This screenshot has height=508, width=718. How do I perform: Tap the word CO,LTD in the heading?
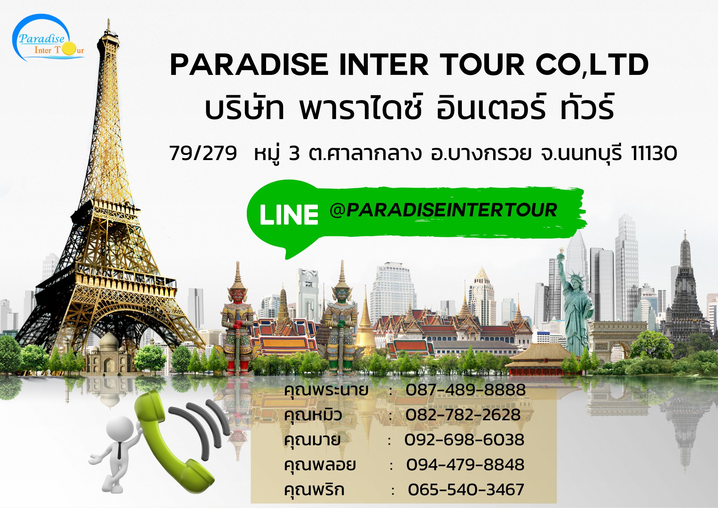(x=592, y=66)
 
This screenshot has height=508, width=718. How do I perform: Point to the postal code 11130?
(x=654, y=154)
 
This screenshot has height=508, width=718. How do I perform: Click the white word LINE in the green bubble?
(x=289, y=215)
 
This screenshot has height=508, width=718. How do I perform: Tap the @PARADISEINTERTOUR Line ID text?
(x=443, y=210)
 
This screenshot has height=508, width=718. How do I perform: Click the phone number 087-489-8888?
(x=466, y=390)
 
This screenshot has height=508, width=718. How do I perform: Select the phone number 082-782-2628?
(x=463, y=415)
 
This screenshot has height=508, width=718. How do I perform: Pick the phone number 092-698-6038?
(x=464, y=440)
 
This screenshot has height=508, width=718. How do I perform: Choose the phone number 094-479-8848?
(x=465, y=465)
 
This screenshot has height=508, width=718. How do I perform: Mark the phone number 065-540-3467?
(x=466, y=489)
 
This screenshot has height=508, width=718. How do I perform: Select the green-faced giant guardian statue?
(x=341, y=320)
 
